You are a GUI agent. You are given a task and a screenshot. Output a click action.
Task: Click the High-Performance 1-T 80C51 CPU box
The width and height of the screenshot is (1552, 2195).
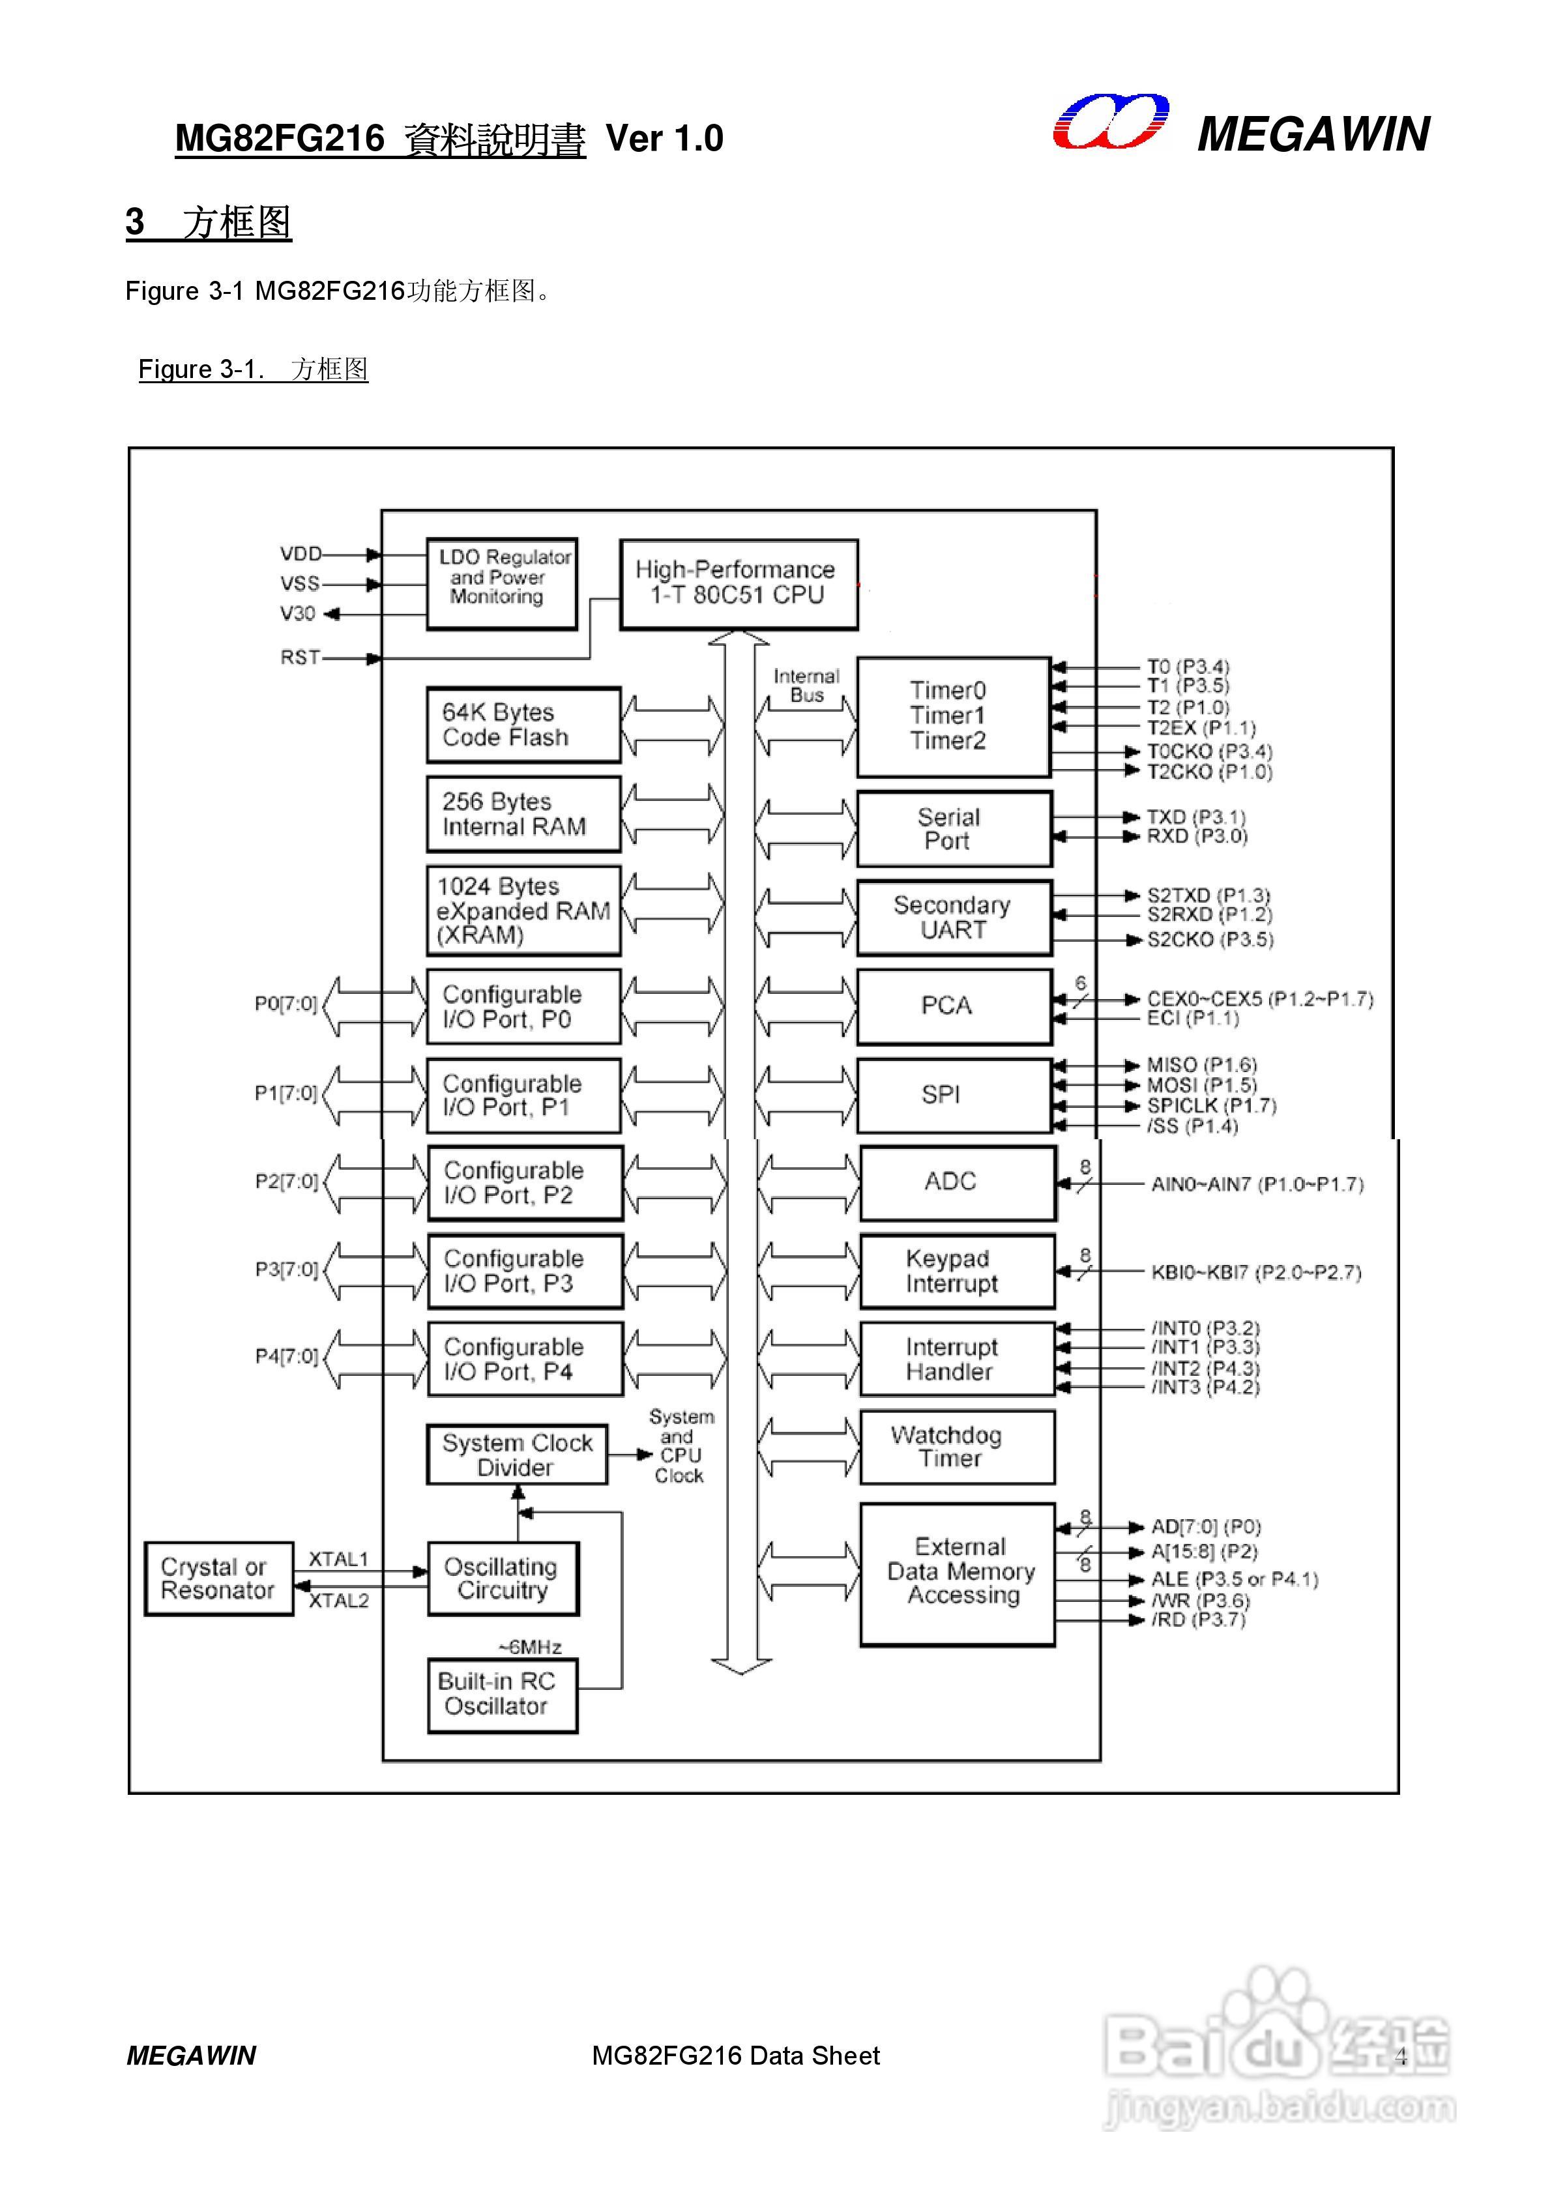click(x=739, y=583)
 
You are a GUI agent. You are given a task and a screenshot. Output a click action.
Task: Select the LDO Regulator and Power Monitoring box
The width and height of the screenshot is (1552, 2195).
click(x=501, y=583)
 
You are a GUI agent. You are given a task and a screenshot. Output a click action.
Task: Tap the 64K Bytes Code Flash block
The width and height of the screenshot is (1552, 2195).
click(x=523, y=725)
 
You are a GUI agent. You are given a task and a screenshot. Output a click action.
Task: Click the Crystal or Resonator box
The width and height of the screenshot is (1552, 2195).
click(x=218, y=1578)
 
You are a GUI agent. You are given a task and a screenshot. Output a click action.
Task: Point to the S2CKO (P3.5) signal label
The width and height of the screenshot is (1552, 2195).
click(x=1210, y=940)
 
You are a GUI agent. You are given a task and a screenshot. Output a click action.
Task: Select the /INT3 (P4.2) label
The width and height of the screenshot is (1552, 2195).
click(x=1205, y=1387)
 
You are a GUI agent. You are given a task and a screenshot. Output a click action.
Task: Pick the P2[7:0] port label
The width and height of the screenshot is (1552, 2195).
click(x=286, y=1182)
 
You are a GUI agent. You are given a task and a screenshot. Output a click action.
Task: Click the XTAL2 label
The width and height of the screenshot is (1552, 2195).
click(x=338, y=1601)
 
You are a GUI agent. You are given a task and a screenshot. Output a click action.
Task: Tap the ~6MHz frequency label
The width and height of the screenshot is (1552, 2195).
click(x=530, y=1646)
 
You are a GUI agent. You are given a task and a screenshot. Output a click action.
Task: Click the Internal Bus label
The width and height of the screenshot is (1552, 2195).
click(x=806, y=686)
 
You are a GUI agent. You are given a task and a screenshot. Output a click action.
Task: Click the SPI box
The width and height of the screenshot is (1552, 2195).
click(x=954, y=1095)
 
